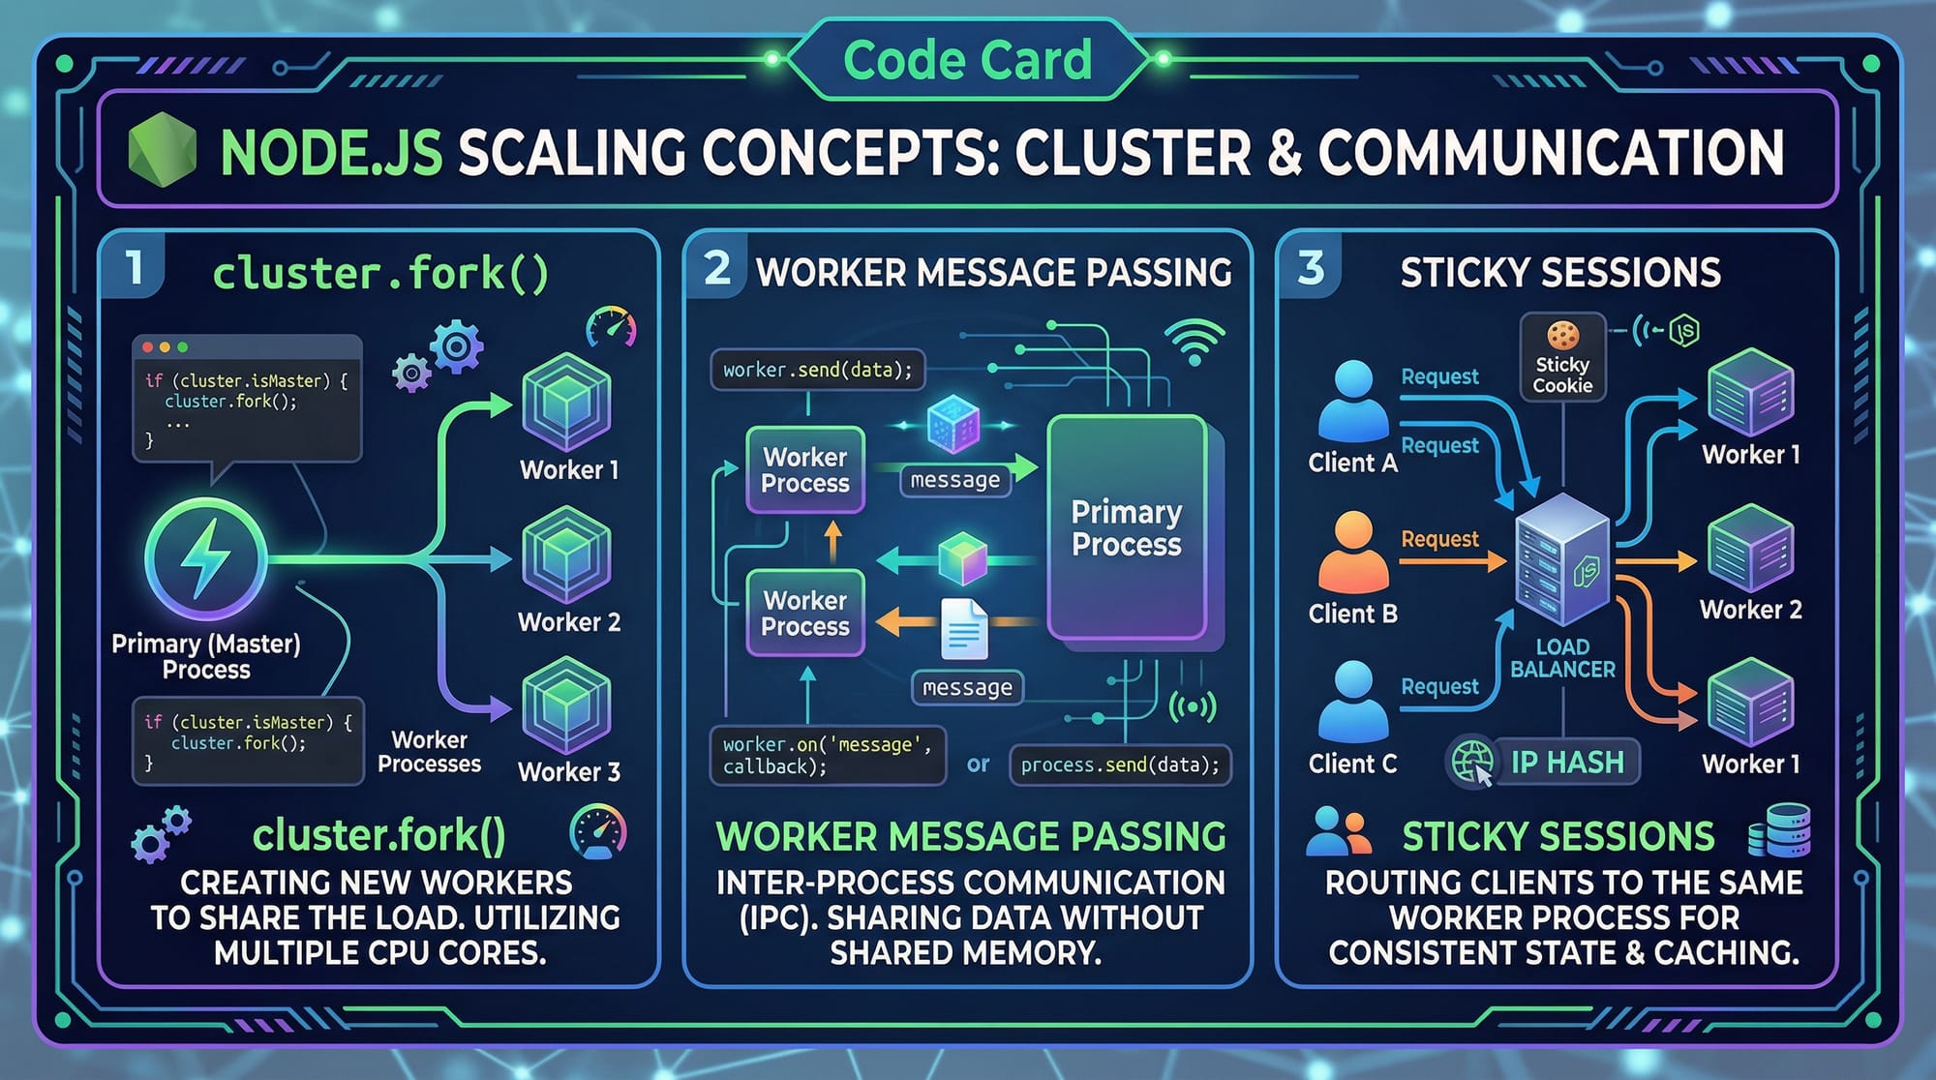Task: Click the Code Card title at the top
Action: pos(967,60)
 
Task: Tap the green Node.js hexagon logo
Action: pos(162,149)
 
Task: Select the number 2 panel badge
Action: pos(717,267)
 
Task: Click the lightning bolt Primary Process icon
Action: pos(205,558)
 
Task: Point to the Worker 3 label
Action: pos(569,772)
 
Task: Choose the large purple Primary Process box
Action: pos(1127,528)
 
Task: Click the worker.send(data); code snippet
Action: pos(817,370)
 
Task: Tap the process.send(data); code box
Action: pos(1120,765)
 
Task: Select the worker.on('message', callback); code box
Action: pos(827,755)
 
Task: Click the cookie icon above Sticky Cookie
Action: pos(1562,335)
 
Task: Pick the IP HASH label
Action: pos(1567,763)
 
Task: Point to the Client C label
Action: pos(1352,764)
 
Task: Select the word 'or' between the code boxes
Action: pos(978,765)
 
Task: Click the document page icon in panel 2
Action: pos(964,629)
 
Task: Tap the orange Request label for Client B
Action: pos(1439,539)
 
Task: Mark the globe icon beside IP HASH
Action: pos(1471,763)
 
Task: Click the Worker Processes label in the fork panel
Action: pos(429,752)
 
